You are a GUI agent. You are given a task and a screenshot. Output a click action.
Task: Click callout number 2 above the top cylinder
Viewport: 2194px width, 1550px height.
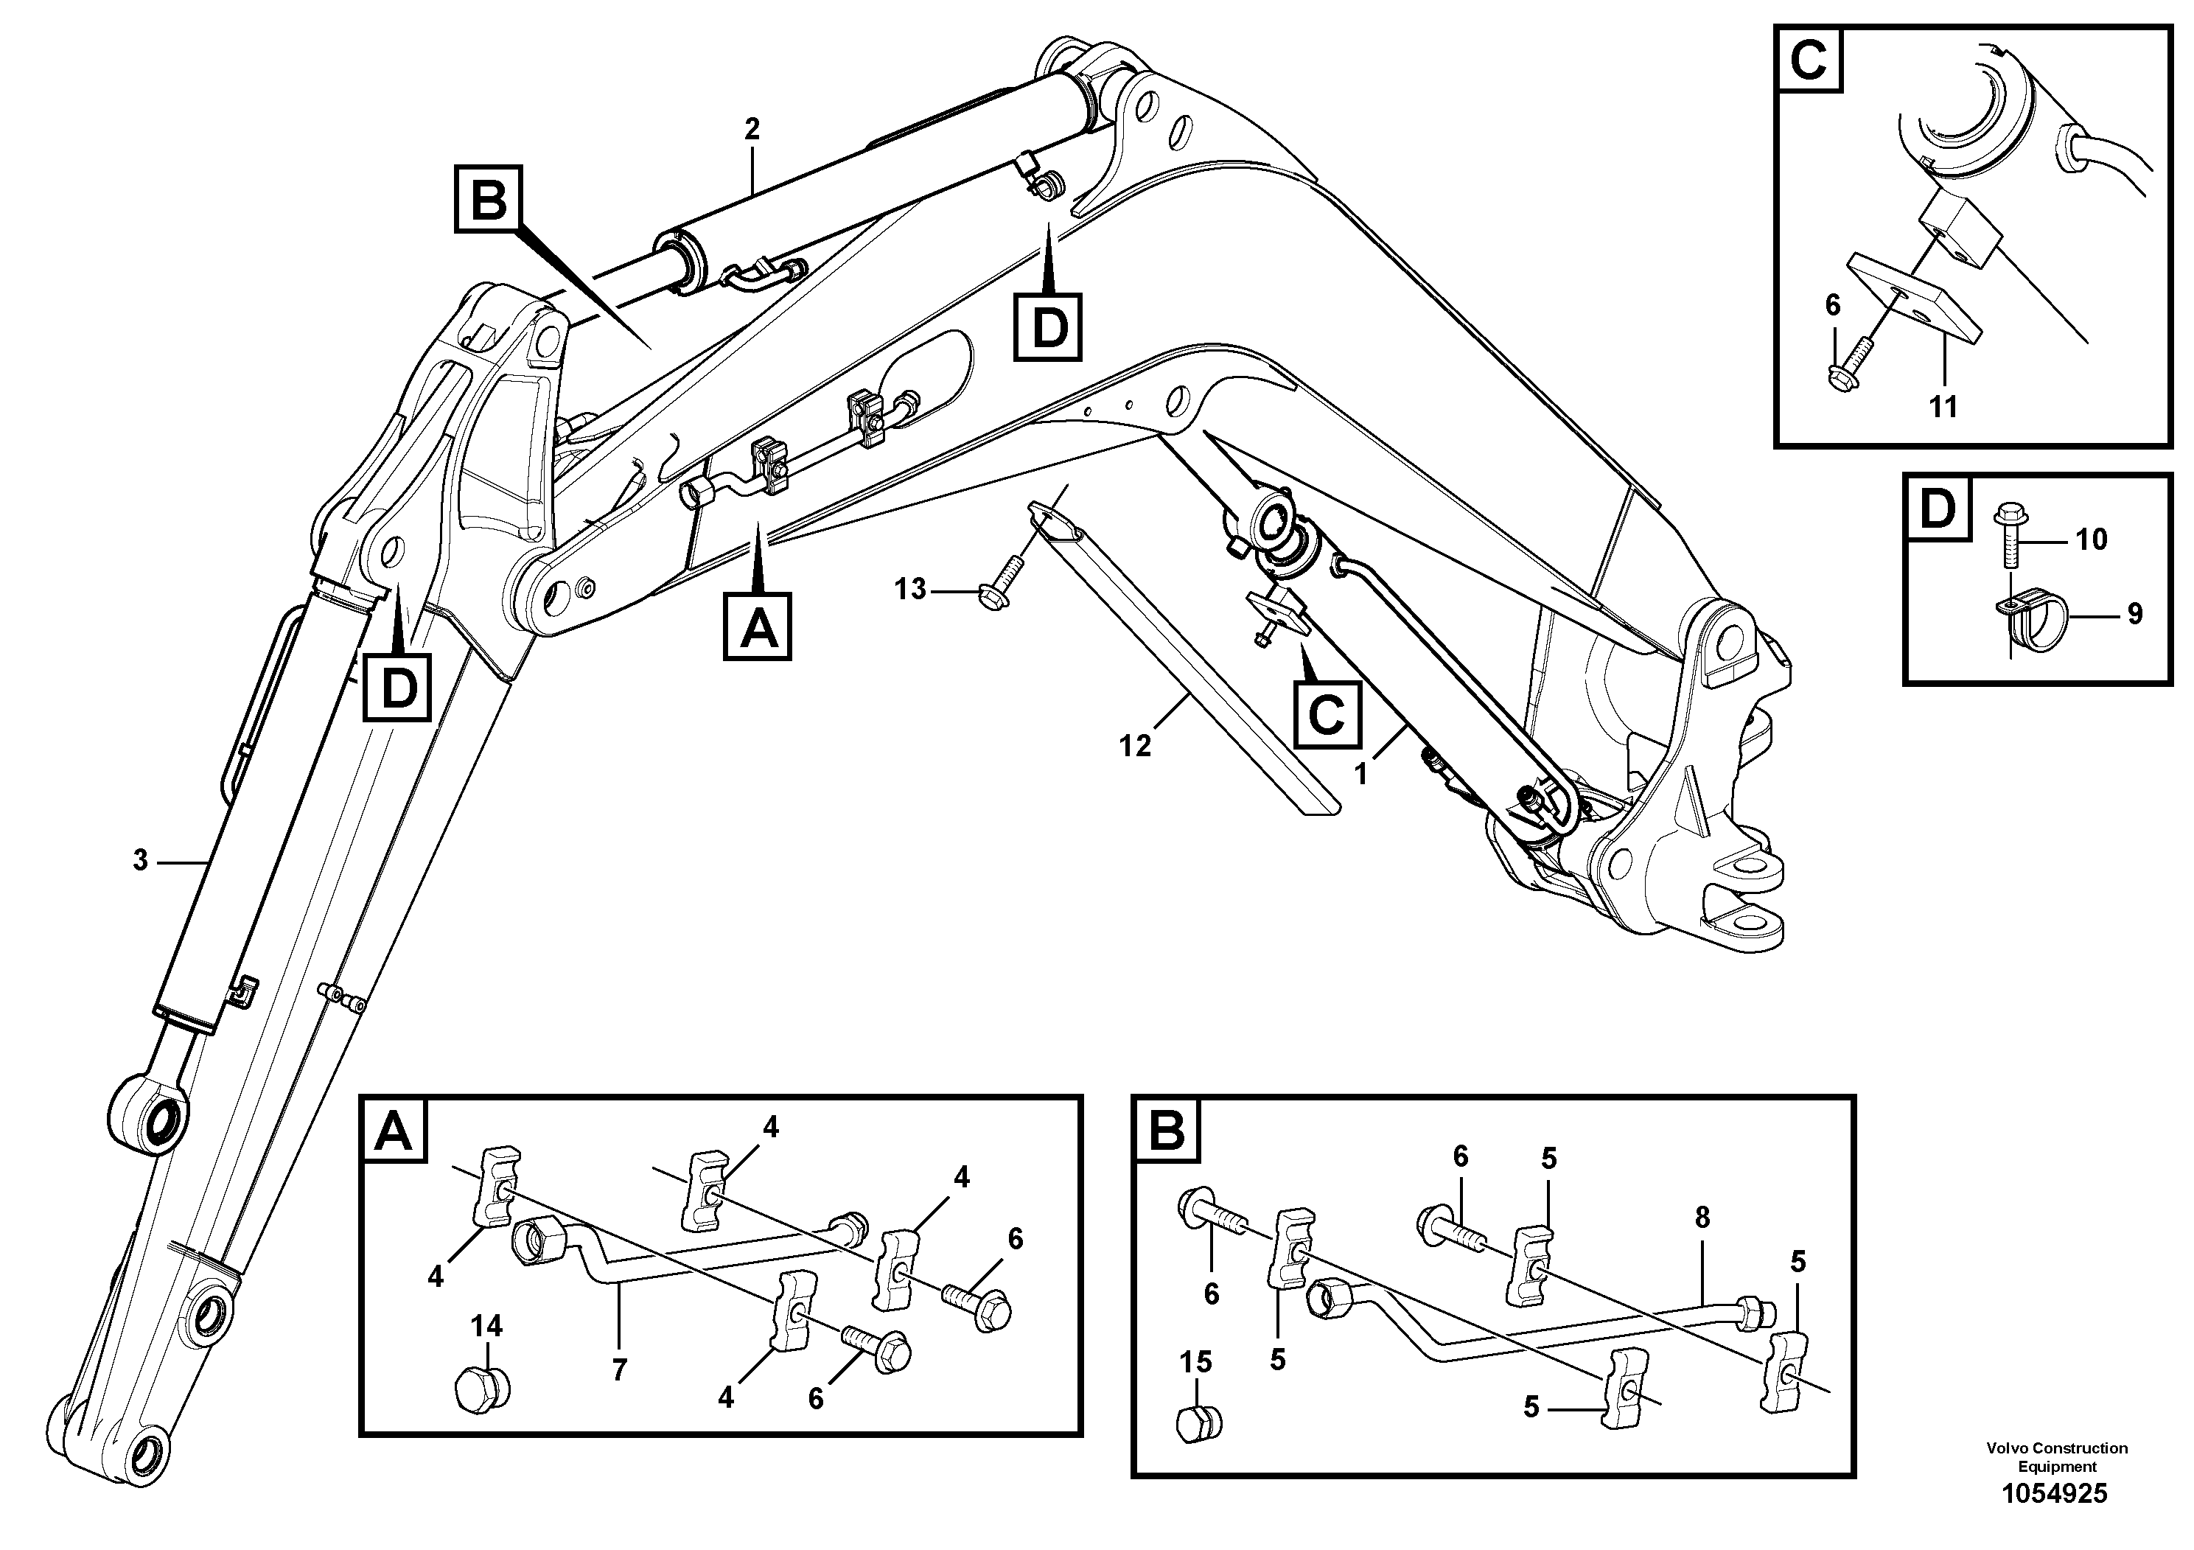point(752,129)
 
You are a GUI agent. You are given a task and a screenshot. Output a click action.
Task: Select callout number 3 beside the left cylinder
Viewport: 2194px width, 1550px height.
point(141,861)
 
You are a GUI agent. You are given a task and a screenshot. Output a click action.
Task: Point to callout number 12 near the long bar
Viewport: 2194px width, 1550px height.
point(1135,745)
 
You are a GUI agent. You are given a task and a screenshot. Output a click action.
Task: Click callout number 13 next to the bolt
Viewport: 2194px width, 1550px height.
point(909,590)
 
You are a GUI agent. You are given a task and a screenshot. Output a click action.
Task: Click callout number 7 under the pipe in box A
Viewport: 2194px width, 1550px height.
point(619,1370)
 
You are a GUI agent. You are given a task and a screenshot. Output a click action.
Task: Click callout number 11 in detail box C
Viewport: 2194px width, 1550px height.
point(1943,407)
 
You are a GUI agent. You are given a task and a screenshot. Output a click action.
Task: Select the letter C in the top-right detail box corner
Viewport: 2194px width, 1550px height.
point(1808,61)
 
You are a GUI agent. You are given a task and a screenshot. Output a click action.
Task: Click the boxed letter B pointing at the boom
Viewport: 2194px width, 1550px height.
point(489,200)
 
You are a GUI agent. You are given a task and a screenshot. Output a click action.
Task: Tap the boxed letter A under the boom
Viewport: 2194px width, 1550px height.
point(758,627)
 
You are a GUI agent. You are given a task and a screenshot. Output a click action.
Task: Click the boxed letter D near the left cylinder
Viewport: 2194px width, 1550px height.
point(397,688)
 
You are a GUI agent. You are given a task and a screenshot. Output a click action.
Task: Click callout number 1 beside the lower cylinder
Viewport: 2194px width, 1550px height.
point(1360,773)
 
